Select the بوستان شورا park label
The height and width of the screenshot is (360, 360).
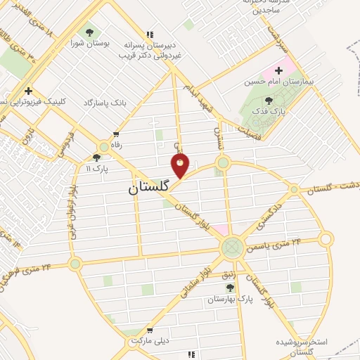click(89, 44)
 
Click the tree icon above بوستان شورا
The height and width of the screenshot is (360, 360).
click(89, 32)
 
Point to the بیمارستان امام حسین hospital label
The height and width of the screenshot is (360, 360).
click(283, 82)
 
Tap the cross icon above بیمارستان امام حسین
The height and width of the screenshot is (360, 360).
click(279, 70)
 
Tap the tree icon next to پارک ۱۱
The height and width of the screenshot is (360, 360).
click(96, 158)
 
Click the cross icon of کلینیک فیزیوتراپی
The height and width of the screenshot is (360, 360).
click(28, 91)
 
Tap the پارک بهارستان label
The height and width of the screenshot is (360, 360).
click(229, 299)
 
